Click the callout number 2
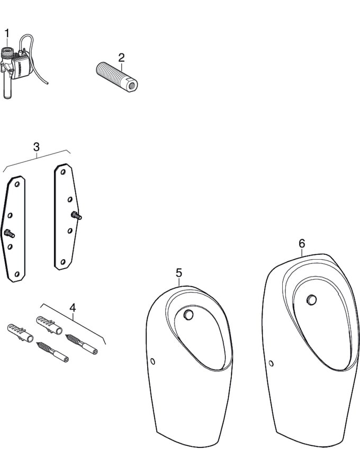[x=121, y=57]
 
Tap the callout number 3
[x=36, y=147]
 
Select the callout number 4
[x=73, y=307]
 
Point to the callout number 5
[x=179, y=272]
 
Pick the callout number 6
[x=302, y=243]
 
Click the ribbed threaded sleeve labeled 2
[x=116, y=77]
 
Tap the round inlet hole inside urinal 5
[x=188, y=315]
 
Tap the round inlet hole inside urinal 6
[x=311, y=300]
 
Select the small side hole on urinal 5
[x=153, y=361]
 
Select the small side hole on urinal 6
[x=271, y=363]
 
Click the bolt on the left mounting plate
[x=9, y=233]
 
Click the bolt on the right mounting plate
[x=76, y=216]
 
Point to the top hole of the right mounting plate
[x=63, y=172]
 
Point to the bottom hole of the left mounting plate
[x=17, y=274]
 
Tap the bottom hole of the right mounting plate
[x=63, y=261]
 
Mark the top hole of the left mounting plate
[x=17, y=184]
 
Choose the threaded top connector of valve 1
[x=7, y=53]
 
